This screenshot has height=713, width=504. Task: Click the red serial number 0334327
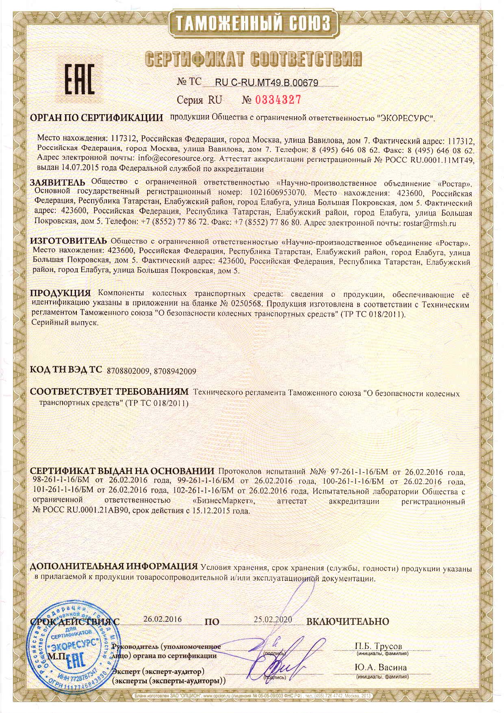[x=272, y=100]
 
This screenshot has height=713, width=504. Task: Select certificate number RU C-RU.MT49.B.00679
[x=266, y=83]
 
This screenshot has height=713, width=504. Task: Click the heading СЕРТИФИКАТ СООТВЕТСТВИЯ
[x=253, y=59]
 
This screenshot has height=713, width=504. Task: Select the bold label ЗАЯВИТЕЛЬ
[x=58, y=182]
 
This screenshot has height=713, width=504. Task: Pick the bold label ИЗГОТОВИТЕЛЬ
[x=69, y=241]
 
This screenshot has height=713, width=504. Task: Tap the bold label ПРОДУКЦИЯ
[x=61, y=293]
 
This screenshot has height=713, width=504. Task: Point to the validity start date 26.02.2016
[x=163, y=619]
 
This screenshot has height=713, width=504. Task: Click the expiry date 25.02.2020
[x=273, y=620]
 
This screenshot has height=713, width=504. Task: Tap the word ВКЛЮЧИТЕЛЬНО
[x=348, y=622]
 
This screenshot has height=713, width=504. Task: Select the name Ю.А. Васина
[x=380, y=667]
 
